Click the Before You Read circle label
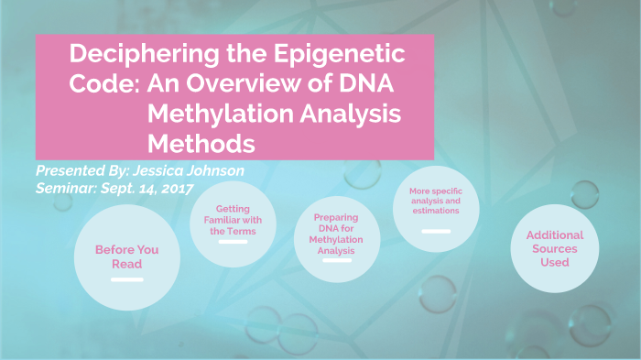click(126, 256)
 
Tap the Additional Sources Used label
click(554, 248)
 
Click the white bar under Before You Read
click(126, 279)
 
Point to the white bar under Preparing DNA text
click(338, 261)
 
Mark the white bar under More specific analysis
click(435, 231)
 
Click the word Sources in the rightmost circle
click(554, 248)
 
